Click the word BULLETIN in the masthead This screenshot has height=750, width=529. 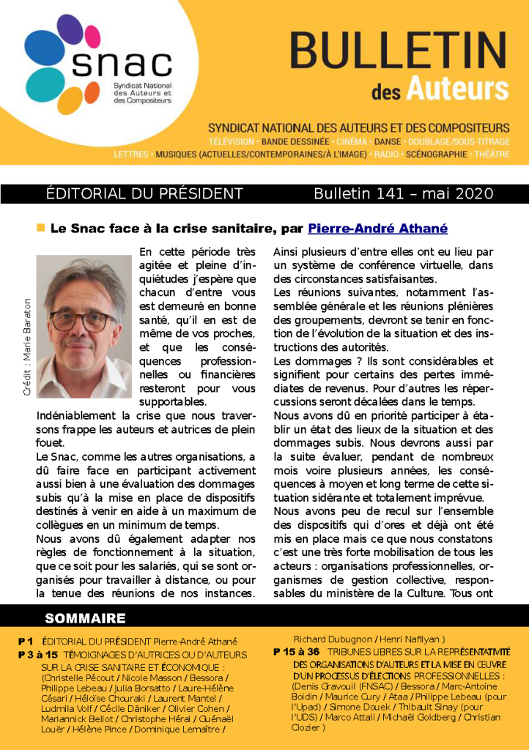[399, 51]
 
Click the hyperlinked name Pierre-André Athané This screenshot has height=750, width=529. [377, 229]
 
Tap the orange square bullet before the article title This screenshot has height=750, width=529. [41, 228]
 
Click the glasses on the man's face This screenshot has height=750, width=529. [82, 319]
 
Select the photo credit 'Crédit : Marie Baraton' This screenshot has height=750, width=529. [27, 346]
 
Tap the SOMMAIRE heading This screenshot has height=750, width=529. [85, 618]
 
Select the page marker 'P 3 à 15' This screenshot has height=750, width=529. [38, 654]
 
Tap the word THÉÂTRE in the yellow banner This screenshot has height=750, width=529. [492, 155]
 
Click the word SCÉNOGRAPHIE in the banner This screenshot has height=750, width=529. [435, 155]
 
